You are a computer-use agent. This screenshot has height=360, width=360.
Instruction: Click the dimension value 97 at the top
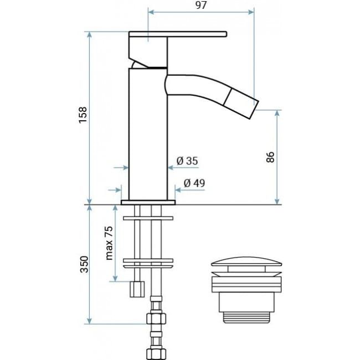click(201, 6)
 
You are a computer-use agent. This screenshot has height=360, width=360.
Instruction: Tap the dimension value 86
click(270, 157)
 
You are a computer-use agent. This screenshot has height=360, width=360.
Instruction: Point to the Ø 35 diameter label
click(187, 161)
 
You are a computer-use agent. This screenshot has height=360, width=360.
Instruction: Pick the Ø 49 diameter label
click(194, 183)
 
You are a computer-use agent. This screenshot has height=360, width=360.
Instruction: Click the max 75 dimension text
click(109, 243)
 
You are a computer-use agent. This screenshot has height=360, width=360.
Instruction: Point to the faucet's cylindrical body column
click(147, 133)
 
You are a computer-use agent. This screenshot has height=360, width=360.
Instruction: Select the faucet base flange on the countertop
click(147, 202)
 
